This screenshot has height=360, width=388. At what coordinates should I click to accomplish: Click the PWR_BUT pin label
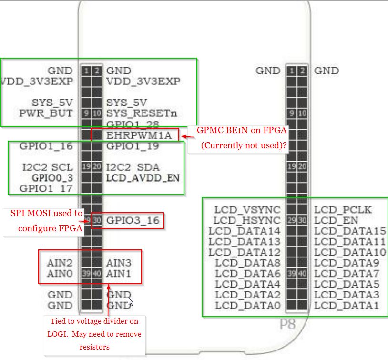[x=46, y=113]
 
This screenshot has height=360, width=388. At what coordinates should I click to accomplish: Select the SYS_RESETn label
[x=142, y=113]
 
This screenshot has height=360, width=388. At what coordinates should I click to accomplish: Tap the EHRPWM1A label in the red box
[x=139, y=135]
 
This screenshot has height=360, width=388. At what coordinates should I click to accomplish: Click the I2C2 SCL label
[x=47, y=167]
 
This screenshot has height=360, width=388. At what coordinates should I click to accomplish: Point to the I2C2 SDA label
[x=133, y=167]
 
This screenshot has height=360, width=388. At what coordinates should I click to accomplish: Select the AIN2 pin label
[x=60, y=263]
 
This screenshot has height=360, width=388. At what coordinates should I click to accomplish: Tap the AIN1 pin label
[x=119, y=274]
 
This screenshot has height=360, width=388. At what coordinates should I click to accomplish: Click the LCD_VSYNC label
[x=247, y=209]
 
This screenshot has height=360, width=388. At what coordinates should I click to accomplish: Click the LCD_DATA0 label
[x=248, y=305]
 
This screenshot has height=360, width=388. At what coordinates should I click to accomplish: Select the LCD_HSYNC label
[x=247, y=220]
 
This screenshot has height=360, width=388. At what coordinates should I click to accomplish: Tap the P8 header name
[x=287, y=325]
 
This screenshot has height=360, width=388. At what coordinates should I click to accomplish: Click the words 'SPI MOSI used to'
[x=46, y=213]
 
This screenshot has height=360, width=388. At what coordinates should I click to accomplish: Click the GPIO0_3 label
[x=52, y=178]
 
